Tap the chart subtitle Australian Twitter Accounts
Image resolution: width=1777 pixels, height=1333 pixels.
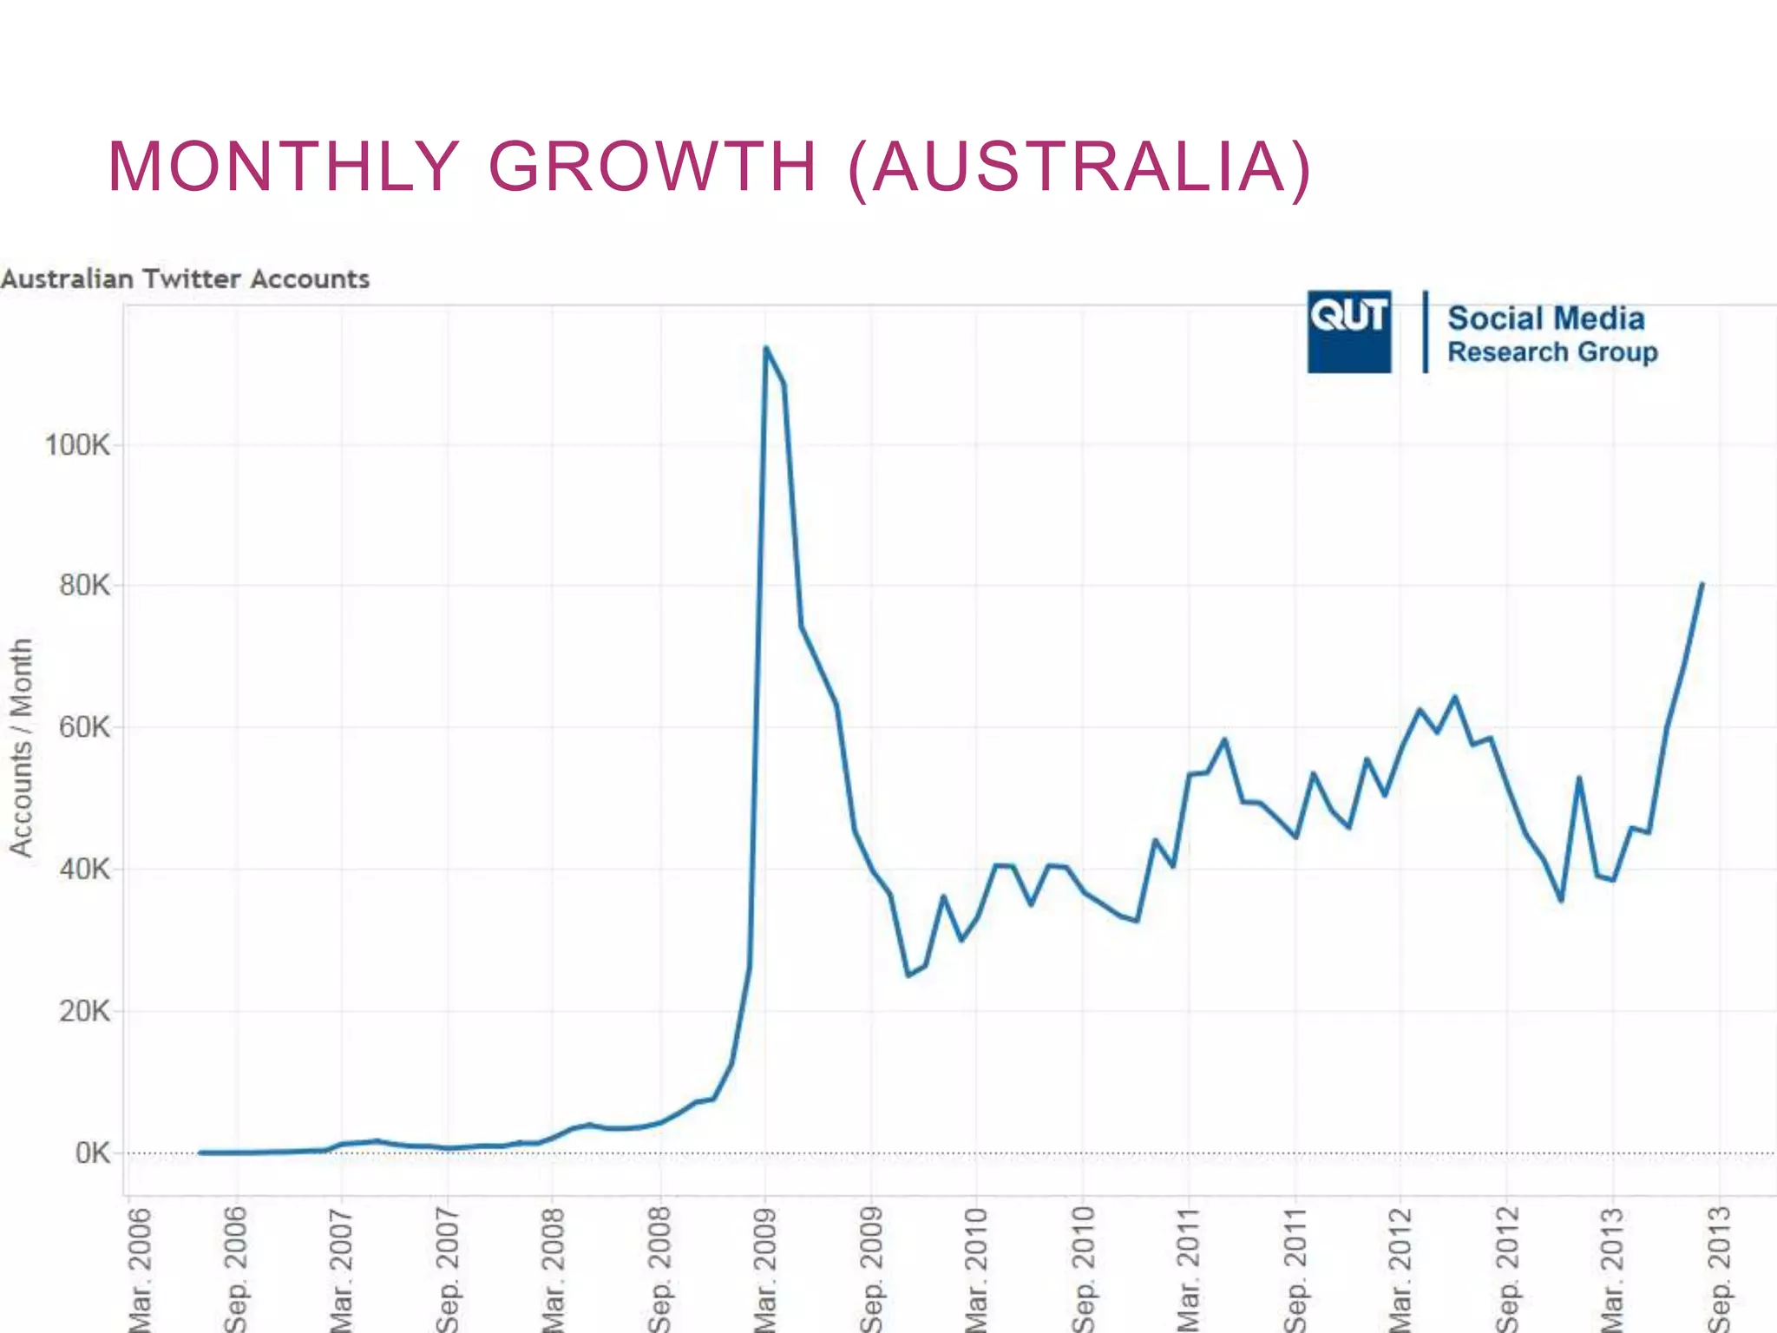185,279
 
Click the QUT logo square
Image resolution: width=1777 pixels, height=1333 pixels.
1348,332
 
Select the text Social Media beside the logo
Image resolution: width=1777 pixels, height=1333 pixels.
1545,318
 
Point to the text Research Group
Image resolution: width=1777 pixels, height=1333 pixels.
1551,352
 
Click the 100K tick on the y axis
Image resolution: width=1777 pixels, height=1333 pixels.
77,445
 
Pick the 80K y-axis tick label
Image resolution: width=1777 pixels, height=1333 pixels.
84,586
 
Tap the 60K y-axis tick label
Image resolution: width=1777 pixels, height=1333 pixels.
84,727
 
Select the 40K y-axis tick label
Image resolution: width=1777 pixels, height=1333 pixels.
84,869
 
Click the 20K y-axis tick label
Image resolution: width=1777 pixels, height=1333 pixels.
84,1011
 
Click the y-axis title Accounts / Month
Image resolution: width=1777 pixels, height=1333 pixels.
21,747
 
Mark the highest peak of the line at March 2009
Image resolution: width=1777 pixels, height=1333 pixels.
765,348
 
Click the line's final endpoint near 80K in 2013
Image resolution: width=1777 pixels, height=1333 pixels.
1702,584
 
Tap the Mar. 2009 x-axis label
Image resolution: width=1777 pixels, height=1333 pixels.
765,1267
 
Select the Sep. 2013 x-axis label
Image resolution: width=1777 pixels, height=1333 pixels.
1720,1267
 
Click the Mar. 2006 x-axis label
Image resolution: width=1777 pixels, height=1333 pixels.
139,1267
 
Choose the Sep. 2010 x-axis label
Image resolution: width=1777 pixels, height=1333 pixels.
1083,1267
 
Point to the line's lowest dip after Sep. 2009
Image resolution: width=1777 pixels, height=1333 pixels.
908,975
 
